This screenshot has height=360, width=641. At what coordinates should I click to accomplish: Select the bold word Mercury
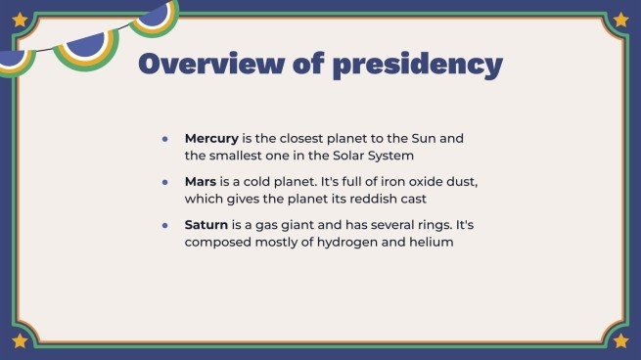point(211,139)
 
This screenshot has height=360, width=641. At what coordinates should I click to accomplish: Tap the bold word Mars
point(202,182)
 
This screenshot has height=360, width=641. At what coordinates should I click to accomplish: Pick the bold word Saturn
point(206,225)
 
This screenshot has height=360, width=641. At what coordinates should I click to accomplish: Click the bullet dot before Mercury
point(165,139)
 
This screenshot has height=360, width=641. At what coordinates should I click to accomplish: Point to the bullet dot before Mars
point(165,182)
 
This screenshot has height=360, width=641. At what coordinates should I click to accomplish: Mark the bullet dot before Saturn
point(165,225)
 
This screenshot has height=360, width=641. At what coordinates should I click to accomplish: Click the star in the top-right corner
point(620,19)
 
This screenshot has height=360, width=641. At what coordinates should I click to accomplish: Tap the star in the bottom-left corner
point(20,340)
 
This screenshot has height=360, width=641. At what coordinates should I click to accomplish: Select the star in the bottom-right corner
point(620,340)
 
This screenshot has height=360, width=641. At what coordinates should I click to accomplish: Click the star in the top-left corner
point(20,19)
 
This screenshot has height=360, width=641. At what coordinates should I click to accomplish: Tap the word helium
point(432,242)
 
